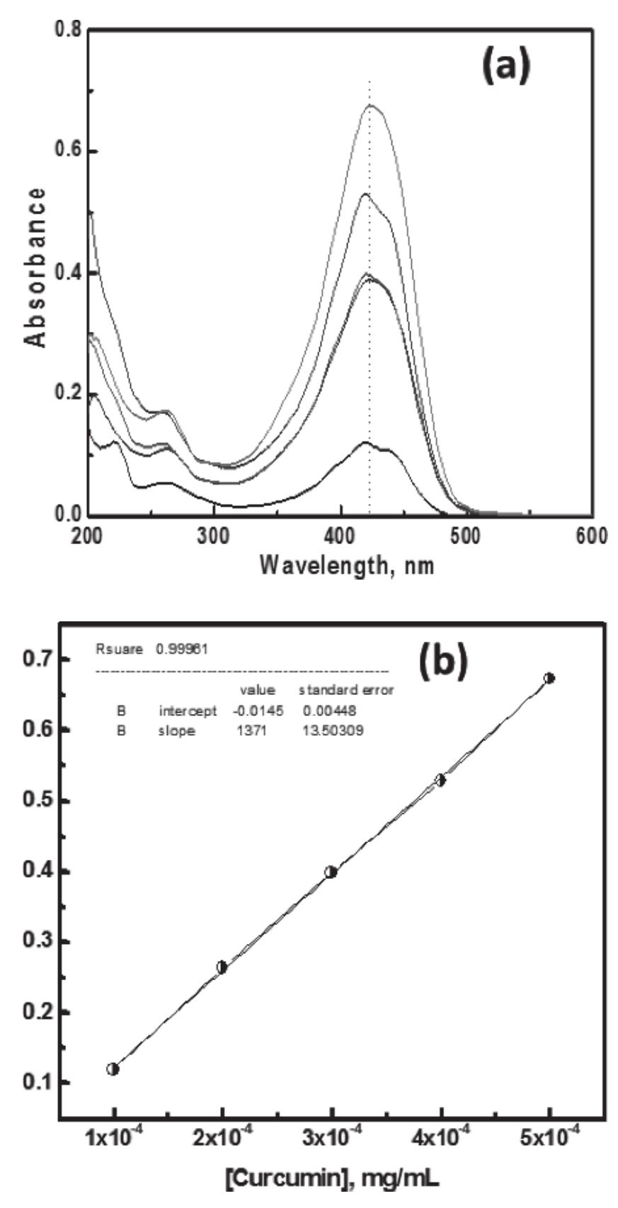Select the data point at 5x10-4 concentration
(x=549, y=678)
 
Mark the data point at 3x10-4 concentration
(x=331, y=872)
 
